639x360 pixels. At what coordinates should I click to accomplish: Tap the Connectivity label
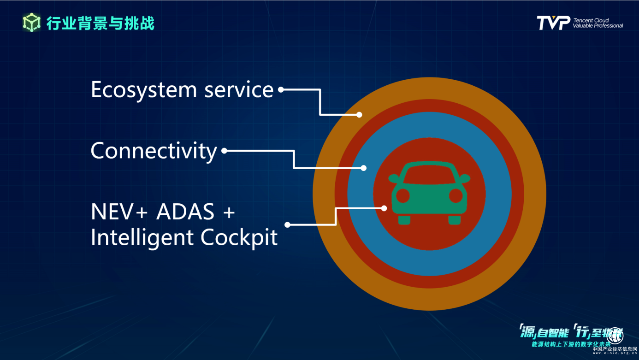click(154, 151)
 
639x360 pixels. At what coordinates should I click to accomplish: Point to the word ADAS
click(186, 212)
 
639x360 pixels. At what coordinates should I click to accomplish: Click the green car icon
click(429, 193)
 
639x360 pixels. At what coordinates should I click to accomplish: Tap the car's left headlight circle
click(403, 195)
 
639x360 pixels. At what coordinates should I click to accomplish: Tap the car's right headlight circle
click(456, 195)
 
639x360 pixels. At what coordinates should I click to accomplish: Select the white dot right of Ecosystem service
click(280, 90)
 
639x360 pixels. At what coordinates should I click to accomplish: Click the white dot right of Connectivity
click(224, 151)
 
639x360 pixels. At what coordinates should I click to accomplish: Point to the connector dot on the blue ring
click(363, 168)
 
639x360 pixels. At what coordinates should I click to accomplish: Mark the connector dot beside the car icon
click(384, 208)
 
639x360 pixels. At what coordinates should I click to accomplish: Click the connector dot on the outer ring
click(359, 115)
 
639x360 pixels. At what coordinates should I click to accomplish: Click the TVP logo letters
click(553, 23)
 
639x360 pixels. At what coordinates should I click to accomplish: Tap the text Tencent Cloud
click(591, 20)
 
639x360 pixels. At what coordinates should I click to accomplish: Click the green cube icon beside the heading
click(31, 23)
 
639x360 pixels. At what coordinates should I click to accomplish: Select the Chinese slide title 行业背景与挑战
click(101, 23)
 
